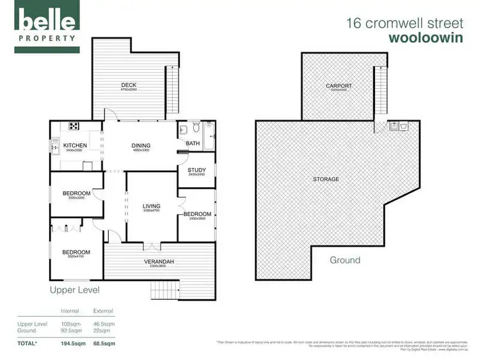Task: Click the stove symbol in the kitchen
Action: [x=74, y=126]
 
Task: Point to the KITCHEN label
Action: [x=75, y=146]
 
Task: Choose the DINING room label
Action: [x=140, y=146]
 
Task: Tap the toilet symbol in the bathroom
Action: [x=183, y=130]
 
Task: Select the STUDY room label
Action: [x=196, y=170]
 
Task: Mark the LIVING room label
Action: [x=151, y=206]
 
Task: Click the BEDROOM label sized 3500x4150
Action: [x=76, y=253]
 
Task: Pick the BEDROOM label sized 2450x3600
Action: [x=196, y=214]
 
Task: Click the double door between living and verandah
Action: [x=151, y=245]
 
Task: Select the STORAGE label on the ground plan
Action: [x=326, y=179]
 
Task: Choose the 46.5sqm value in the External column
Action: [x=103, y=324]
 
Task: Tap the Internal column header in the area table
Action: [x=70, y=311]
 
